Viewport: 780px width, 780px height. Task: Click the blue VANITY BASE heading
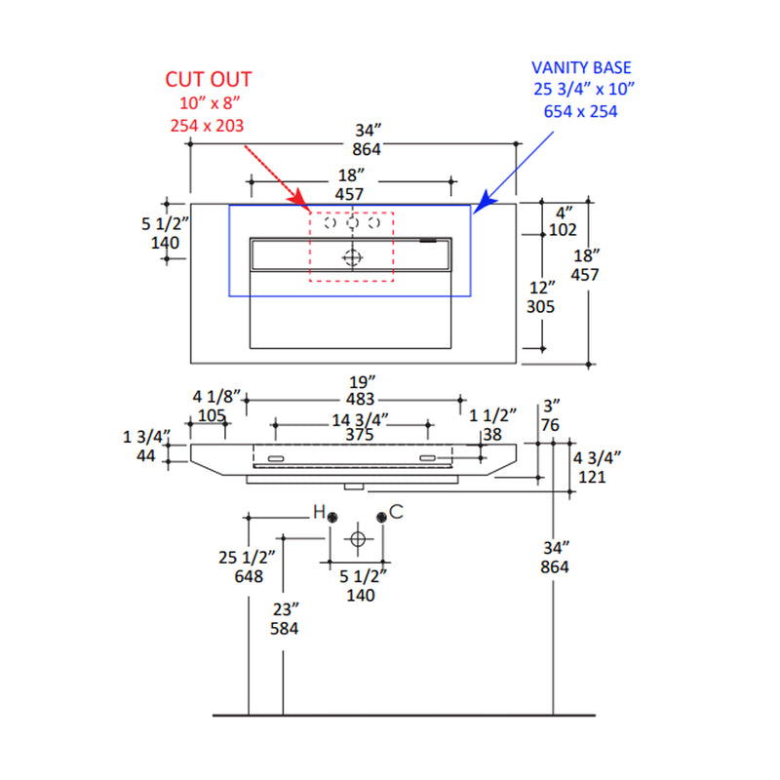coord(581,67)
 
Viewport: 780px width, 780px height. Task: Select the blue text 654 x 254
coord(581,111)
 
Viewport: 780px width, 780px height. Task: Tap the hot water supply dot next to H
coord(333,517)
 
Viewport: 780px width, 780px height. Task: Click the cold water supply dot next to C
coord(381,517)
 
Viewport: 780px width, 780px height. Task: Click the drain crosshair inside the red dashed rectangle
coord(353,257)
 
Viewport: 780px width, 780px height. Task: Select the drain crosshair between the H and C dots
coord(358,538)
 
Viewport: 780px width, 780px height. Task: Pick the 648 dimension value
coord(250,576)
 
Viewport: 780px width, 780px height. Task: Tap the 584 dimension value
coord(284,628)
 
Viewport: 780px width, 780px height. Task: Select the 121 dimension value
coord(592,477)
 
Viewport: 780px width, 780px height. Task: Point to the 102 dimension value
coord(564,230)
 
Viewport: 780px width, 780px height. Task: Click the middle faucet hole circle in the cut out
coord(352,223)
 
